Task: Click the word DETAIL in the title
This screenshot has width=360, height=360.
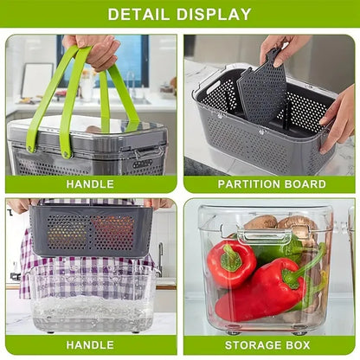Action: (138, 14)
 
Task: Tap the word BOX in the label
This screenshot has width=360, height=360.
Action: (299, 345)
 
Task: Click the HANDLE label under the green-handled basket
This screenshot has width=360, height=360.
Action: (90, 183)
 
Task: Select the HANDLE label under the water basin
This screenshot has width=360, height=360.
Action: (90, 345)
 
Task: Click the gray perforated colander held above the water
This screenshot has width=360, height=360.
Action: (90, 229)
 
